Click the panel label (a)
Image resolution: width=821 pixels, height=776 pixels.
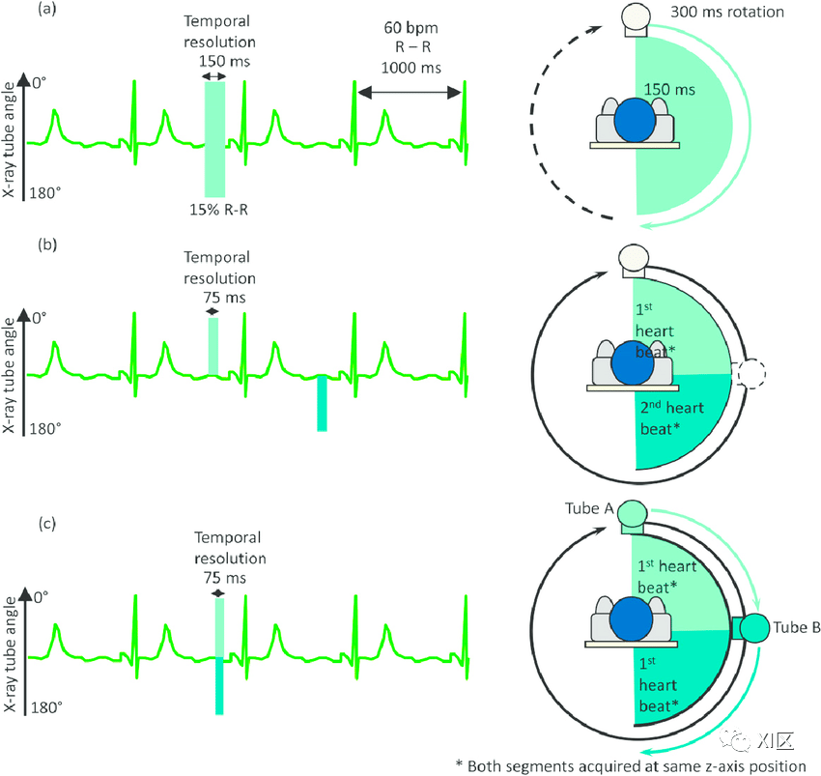(x=47, y=10)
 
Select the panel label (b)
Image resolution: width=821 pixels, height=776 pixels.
(x=47, y=244)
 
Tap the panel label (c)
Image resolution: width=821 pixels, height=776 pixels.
(x=47, y=524)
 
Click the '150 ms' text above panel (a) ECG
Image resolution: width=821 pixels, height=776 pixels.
(x=224, y=61)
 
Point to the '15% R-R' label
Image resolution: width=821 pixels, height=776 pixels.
(x=219, y=210)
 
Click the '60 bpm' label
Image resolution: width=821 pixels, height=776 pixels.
(x=411, y=28)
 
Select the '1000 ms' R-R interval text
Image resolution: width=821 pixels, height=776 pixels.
(x=411, y=68)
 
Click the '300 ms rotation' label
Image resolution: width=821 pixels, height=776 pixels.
(x=726, y=12)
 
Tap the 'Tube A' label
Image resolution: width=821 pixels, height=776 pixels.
(x=589, y=508)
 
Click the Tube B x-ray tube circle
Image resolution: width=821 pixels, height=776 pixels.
(x=754, y=628)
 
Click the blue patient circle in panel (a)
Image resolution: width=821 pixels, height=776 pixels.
(x=635, y=120)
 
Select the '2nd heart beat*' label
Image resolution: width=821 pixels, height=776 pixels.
(x=672, y=417)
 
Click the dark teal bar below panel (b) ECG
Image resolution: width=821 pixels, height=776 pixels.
(x=322, y=403)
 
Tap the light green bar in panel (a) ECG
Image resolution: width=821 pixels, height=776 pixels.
(x=214, y=139)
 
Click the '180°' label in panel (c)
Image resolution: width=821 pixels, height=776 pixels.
(x=46, y=707)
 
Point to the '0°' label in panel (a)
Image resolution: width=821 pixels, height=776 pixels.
(x=40, y=83)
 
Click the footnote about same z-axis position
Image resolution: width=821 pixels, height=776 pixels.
(x=631, y=766)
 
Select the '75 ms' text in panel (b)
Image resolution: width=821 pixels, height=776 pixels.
(x=224, y=298)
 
